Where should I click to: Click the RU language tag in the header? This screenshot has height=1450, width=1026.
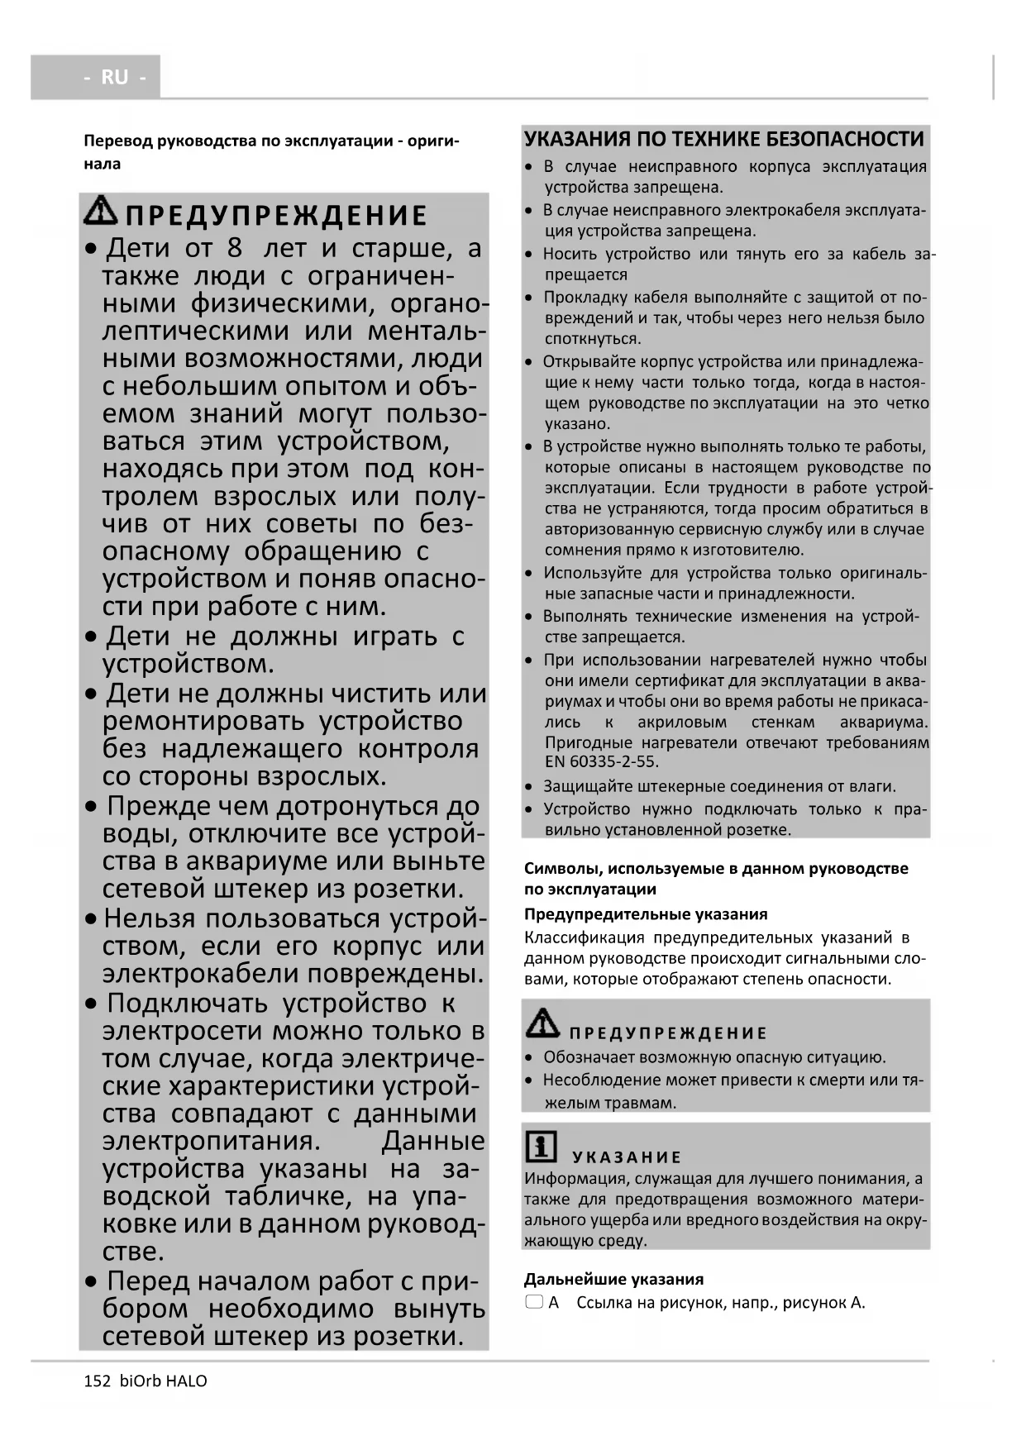point(114,77)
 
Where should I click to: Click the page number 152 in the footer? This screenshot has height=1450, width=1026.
point(97,1381)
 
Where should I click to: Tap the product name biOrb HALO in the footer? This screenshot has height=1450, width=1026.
point(163,1381)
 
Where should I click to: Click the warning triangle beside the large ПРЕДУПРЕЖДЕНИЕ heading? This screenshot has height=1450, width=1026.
point(101,211)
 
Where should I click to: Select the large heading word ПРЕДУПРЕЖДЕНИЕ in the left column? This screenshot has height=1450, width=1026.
point(276,216)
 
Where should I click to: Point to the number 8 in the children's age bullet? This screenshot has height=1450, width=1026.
point(235,248)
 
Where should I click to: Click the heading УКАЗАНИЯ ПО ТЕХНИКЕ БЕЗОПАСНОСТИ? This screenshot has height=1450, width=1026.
point(724,139)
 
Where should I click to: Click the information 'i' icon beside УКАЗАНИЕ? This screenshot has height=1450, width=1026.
point(541,1147)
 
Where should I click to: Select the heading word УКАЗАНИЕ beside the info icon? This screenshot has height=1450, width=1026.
point(627,1157)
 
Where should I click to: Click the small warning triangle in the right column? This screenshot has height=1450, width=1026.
point(542,1023)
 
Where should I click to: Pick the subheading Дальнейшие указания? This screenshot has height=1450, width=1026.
point(613,1279)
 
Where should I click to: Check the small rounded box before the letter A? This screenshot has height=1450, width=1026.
point(534,1302)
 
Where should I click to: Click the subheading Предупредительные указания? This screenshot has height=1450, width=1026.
point(646,913)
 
